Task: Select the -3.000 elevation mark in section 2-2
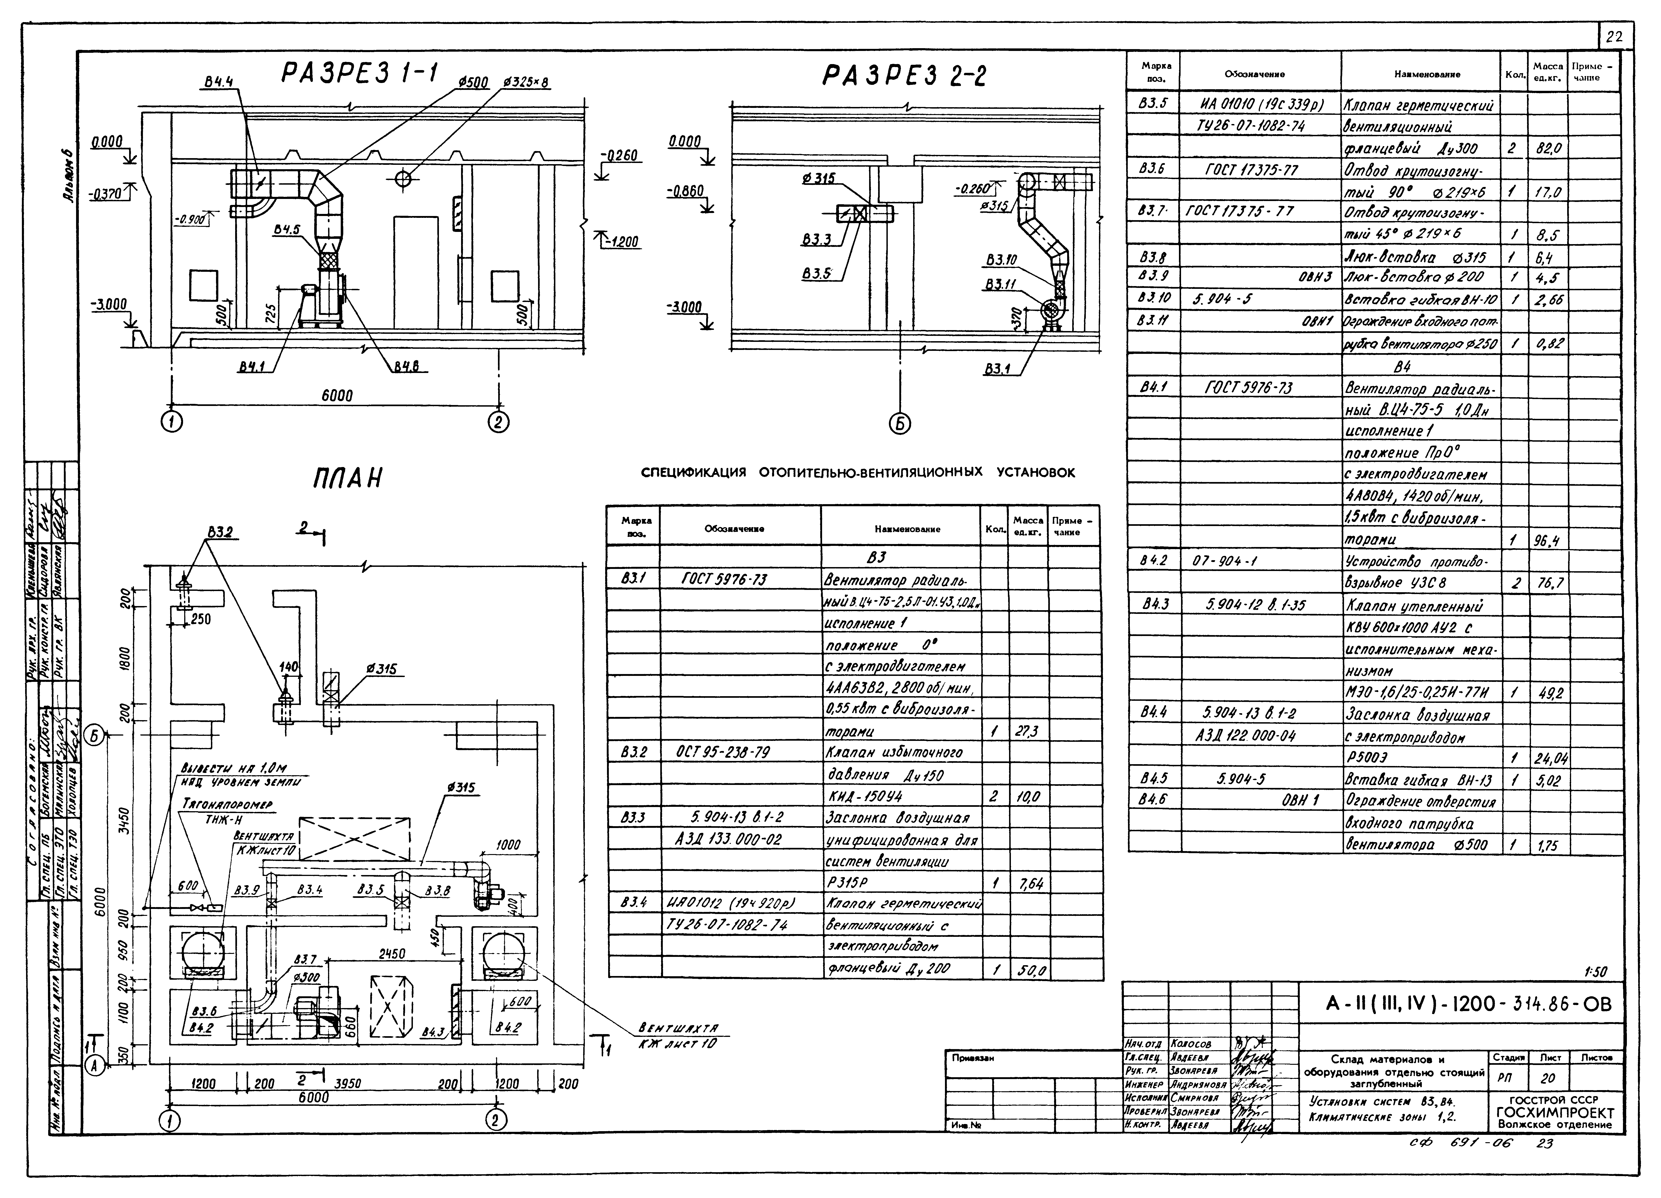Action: [x=685, y=308]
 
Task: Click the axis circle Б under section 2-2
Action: [x=900, y=423]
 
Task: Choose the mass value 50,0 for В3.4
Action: [x=1028, y=971]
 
